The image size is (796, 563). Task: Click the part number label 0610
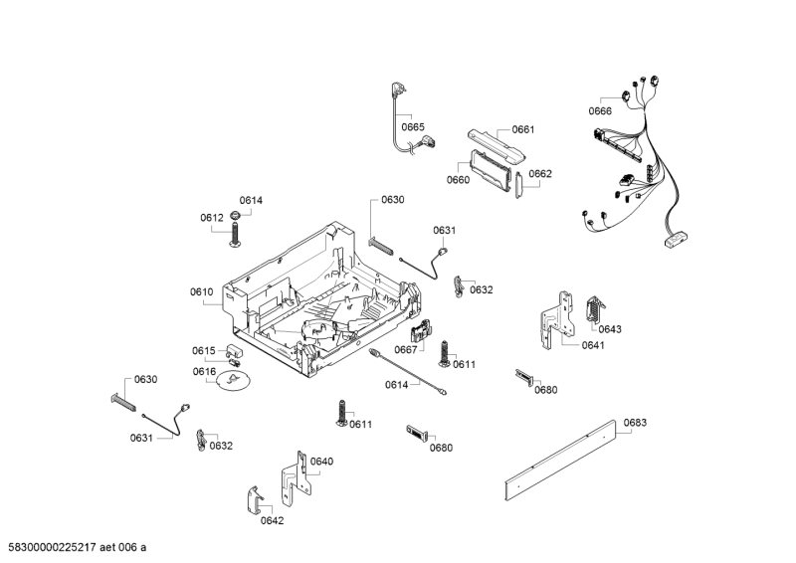click(x=202, y=291)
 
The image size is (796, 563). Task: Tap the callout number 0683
click(x=635, y=423)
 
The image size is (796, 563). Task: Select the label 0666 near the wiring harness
click(x=599, y=111)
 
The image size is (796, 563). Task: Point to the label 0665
click(x=413, y=126)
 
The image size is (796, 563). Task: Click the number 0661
click(x=523, y=130)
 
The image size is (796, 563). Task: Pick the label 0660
click(x=458, y=180)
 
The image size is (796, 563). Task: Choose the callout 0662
click(x=540, y=173)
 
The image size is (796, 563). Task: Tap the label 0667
click(x=405, y=349)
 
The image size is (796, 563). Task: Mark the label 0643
click(x=610, y=328)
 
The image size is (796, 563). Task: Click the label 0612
click(x=211, y=217)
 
